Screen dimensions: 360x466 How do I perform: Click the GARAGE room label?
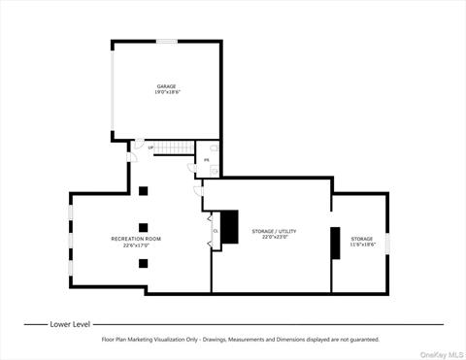point(167,86)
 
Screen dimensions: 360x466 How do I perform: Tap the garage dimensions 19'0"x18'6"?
point(167,92)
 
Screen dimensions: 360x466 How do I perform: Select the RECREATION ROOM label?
point(135,238)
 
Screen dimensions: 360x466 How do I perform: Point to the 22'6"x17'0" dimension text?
point(135,245)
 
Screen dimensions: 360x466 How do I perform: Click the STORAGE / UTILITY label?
point(274,231)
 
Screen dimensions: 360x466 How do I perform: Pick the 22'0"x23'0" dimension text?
point(274,237)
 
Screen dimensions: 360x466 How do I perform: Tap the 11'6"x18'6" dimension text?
point(361,245)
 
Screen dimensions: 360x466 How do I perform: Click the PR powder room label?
point(207,160)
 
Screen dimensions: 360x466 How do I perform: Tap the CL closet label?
point(215,230)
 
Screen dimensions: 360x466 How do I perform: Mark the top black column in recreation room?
point(143,190)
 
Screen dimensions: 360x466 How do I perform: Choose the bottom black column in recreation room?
point(143,263)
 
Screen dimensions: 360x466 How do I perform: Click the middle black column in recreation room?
point(143,227)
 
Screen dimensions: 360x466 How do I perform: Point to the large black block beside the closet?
point(229,227)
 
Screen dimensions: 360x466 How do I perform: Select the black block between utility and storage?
point(335,243)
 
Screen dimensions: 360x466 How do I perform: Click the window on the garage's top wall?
point(167,41)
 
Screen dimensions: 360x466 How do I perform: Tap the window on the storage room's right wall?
point(387,243)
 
